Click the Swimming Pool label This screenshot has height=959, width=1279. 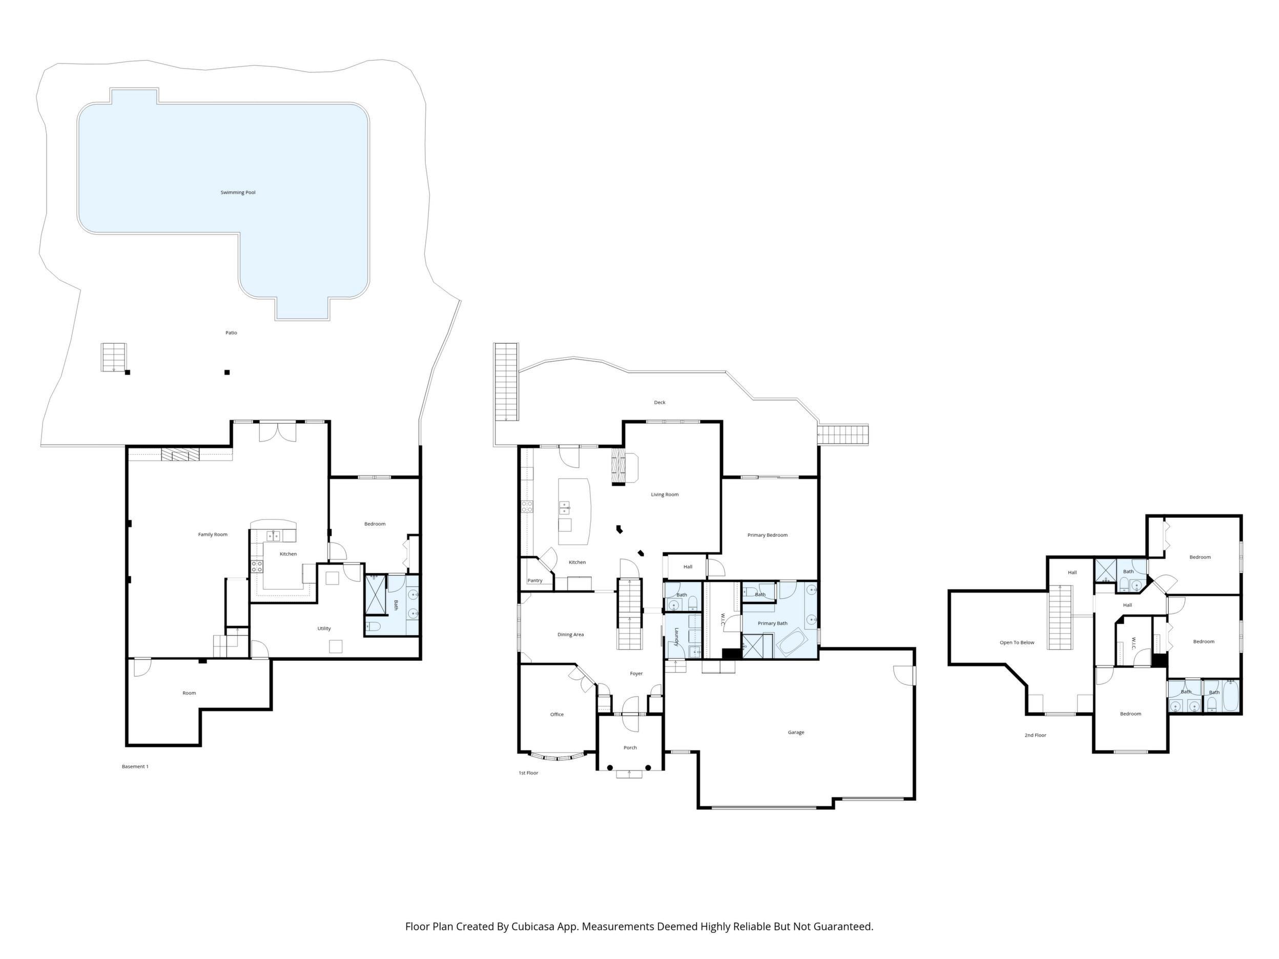pyautogui.click(x=238, y=193)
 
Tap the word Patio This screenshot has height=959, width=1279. pyautogui.click(x=231, y=333)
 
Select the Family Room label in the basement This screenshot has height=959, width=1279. pyautogui.click(x=213, y=535)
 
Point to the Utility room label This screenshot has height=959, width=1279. pyautogui.click(x=324, y=629)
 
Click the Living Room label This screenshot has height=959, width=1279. pyautogui.click(x=665, y=495)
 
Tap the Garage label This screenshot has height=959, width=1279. pyautogui.click(x=796, y=733)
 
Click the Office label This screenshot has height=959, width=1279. pyautogui.click(x=557, y=715)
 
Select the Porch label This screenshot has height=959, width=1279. pyautogui.click(x=630, y=747)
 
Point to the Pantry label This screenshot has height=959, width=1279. pyautogui.click(x=535, y=580)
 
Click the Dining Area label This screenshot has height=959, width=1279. pyautogui.click(x=571, y=635)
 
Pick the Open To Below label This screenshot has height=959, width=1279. pyautogui.click(x=1017, y=642)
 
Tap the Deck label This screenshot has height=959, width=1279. pyautogui.click(x=659, y=402)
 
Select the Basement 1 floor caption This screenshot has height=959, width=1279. pyautogui.click(x=135, y=766)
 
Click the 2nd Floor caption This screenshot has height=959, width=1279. pyautogui.click(x=1036, y=735)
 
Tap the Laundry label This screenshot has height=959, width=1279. pyautogui.click(x=675, y=634)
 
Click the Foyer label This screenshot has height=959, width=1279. pyautogui.click(x=636, y=674)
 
